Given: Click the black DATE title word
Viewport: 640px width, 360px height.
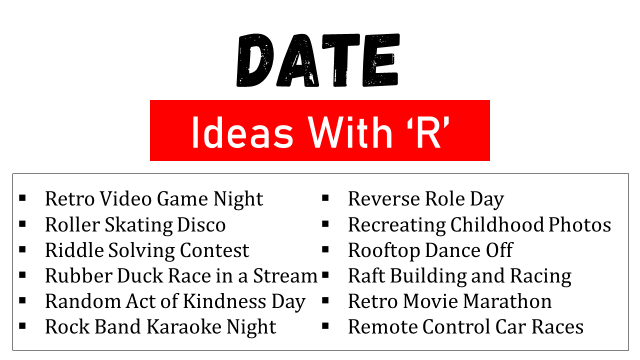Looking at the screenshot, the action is tap(317, 60).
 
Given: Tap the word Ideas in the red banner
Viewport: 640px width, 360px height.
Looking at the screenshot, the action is tap(242, 132).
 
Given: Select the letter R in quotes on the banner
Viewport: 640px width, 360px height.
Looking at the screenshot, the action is tap(429, 132).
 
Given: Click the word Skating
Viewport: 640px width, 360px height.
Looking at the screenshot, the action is tap(139, 225).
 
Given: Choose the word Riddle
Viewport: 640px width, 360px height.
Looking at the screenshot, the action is tap(74, 250).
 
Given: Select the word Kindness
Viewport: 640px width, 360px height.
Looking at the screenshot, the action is tap(224, 301).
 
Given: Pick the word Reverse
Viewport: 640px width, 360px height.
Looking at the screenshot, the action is tap(383, 198).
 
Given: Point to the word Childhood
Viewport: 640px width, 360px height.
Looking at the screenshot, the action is tap(497, 224).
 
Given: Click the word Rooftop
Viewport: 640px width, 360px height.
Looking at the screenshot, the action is tap(383, 251).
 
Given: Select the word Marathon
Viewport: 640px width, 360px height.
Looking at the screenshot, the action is tap(507, 301).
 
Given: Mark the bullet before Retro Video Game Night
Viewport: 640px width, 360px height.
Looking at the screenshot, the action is tap(22, 197).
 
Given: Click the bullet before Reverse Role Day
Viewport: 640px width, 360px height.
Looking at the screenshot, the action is tap(325, 197).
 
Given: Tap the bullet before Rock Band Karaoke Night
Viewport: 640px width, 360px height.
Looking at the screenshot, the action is tap(22, 326).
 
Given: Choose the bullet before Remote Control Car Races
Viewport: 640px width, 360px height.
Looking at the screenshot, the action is tap(325, 326).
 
